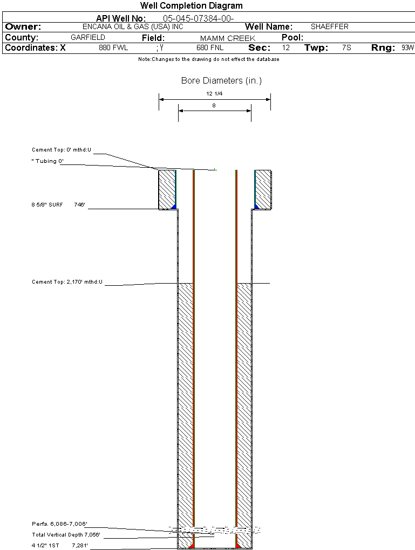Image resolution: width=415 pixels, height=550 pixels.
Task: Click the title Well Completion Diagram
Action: tap(191, 6)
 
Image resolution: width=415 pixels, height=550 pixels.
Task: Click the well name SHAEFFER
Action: tap(330, 26)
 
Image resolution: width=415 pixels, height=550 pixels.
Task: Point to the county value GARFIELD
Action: tap(88, 38)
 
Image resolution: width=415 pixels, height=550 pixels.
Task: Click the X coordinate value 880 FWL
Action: tap(113, 48)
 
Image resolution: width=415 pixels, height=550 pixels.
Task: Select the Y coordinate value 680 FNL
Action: tap(210, 48)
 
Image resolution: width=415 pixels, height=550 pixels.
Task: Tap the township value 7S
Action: tap(346, 48)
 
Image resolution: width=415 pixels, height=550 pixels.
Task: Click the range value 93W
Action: tap(407, 48)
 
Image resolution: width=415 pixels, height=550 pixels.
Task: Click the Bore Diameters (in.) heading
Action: tap(221, 81)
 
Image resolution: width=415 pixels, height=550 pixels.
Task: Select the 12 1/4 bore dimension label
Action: tap(214, 93)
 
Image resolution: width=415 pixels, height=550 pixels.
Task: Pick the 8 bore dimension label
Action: tap(214, 106)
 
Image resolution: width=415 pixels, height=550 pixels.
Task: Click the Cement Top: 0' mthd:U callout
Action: tap(62, 150)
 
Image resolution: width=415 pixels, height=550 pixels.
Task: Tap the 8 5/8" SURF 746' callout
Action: tap(59, 205)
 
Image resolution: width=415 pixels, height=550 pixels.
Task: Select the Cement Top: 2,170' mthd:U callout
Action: tap(67, 282)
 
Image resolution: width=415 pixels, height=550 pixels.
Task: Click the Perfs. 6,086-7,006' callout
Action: tap(59, 524)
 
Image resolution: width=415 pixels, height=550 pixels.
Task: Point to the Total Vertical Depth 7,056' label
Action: tap(66, 535)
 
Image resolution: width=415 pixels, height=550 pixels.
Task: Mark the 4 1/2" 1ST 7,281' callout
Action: tap(59, 546)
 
